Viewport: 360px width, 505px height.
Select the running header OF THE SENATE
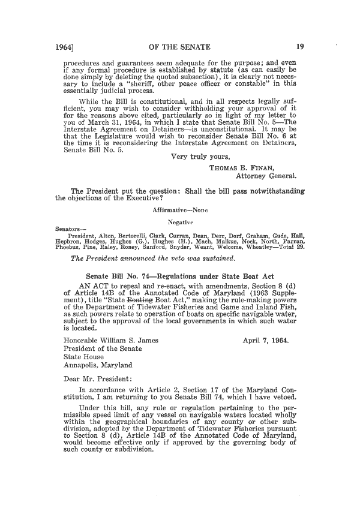[x=179, y=44]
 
